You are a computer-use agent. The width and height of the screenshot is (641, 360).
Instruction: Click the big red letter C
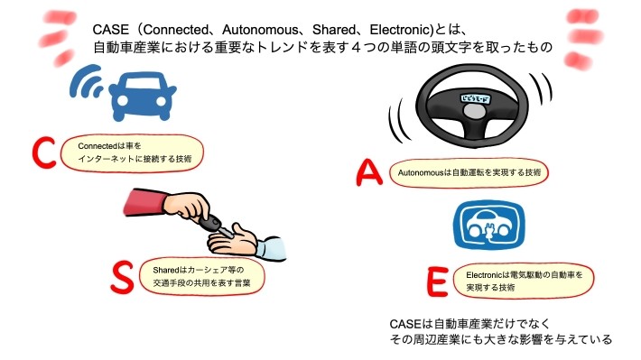[43, 152]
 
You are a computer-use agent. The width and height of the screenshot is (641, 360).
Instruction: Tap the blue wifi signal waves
[88, 85]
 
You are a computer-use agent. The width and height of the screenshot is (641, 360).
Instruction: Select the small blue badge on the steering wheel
[476, 92]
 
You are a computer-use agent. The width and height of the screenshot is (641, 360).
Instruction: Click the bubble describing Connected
[135, 150]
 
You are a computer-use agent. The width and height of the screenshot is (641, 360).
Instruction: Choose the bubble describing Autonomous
[469, 171]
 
